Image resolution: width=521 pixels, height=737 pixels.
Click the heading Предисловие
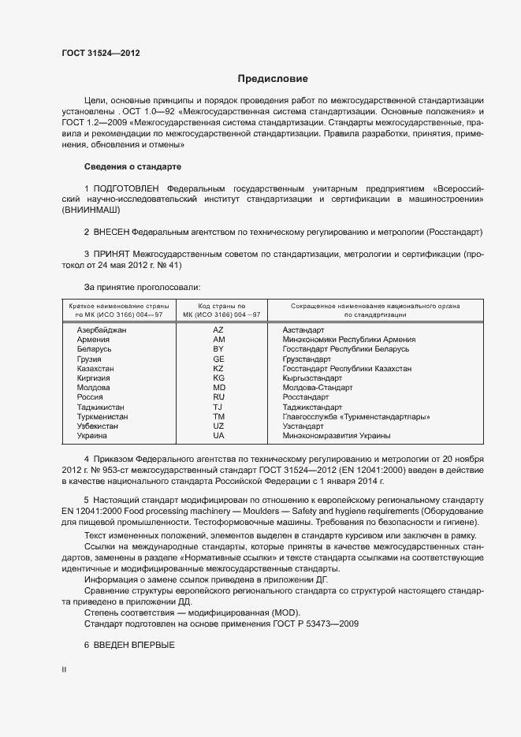273,79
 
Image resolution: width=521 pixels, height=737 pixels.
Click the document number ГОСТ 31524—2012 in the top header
100,54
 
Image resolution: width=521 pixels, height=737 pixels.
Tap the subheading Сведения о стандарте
132,167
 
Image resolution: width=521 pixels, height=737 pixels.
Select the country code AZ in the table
219,329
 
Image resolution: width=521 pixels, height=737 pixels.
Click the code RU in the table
219,397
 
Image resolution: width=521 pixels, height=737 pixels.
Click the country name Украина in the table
92,435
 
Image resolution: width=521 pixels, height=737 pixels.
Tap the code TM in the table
219,416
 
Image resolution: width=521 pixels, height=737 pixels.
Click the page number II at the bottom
65,669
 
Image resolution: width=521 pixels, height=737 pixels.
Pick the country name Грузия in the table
89,359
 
